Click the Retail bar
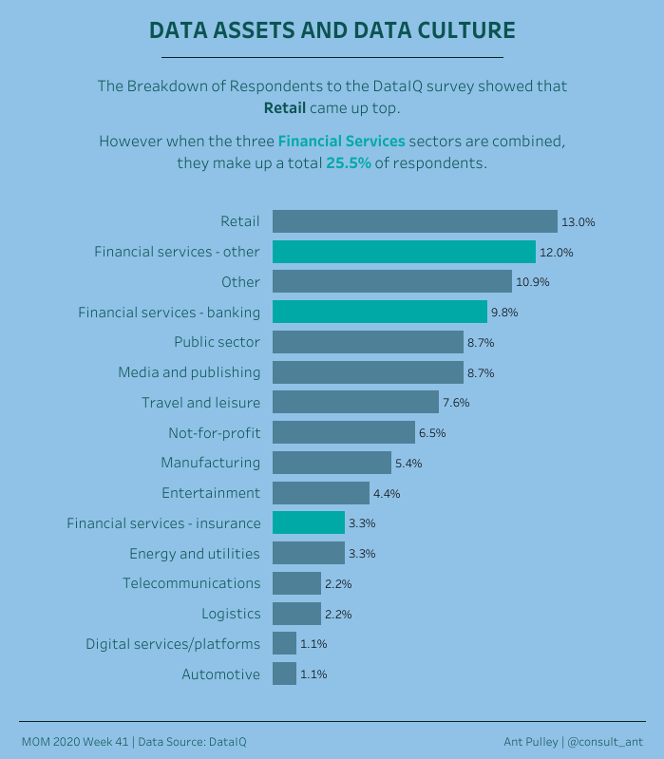(x=414, y=221)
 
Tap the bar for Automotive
(x=284, y=674)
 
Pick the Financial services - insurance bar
(x=309, y=522)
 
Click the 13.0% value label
(x=578, y=222)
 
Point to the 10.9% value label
(x=532, y=282)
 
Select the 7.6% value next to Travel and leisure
(x=456, y=403)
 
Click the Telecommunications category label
(x=191, y=582)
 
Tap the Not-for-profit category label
(x=214, y=432)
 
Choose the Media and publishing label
(x=189, y=371)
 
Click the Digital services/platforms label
(x=173, y=643)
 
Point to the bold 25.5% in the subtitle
(x=349, y=163)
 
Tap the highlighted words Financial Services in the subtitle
(x=341, y=141)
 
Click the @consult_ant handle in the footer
(x=606, y=741)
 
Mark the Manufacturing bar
(x=332, y=463)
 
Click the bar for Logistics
(x=296, y=614)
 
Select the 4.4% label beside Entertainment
(x=387, y=493)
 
